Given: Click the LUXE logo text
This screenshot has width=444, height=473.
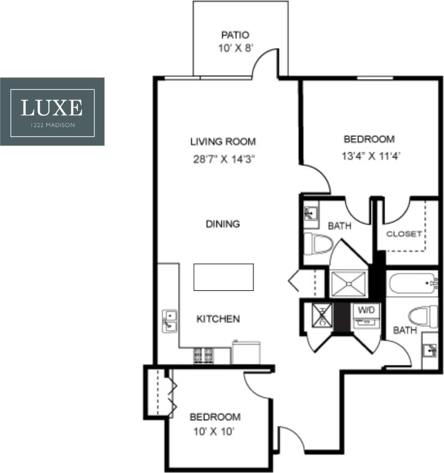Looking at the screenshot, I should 52,107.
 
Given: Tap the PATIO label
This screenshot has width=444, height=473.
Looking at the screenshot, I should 235,35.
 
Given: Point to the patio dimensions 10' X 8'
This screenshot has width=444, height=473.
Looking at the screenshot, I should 235,48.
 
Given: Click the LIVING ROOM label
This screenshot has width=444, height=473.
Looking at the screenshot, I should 223,141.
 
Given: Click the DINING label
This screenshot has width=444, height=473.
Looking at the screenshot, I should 223,224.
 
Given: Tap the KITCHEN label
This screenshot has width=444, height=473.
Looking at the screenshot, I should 218,319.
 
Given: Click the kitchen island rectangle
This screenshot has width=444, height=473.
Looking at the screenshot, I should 223,277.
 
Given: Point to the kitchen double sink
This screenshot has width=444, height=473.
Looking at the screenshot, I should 169,321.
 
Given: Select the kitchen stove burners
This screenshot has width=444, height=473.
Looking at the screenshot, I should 203,355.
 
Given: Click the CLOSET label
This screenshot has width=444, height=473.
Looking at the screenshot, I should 404,234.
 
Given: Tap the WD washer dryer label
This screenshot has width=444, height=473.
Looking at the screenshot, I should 367,309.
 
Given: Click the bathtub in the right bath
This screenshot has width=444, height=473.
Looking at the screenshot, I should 411,283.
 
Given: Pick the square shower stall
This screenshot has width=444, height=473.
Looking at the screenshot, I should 349,283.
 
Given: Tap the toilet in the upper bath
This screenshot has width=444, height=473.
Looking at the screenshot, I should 319,243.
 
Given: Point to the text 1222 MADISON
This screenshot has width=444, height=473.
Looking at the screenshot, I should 52,125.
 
